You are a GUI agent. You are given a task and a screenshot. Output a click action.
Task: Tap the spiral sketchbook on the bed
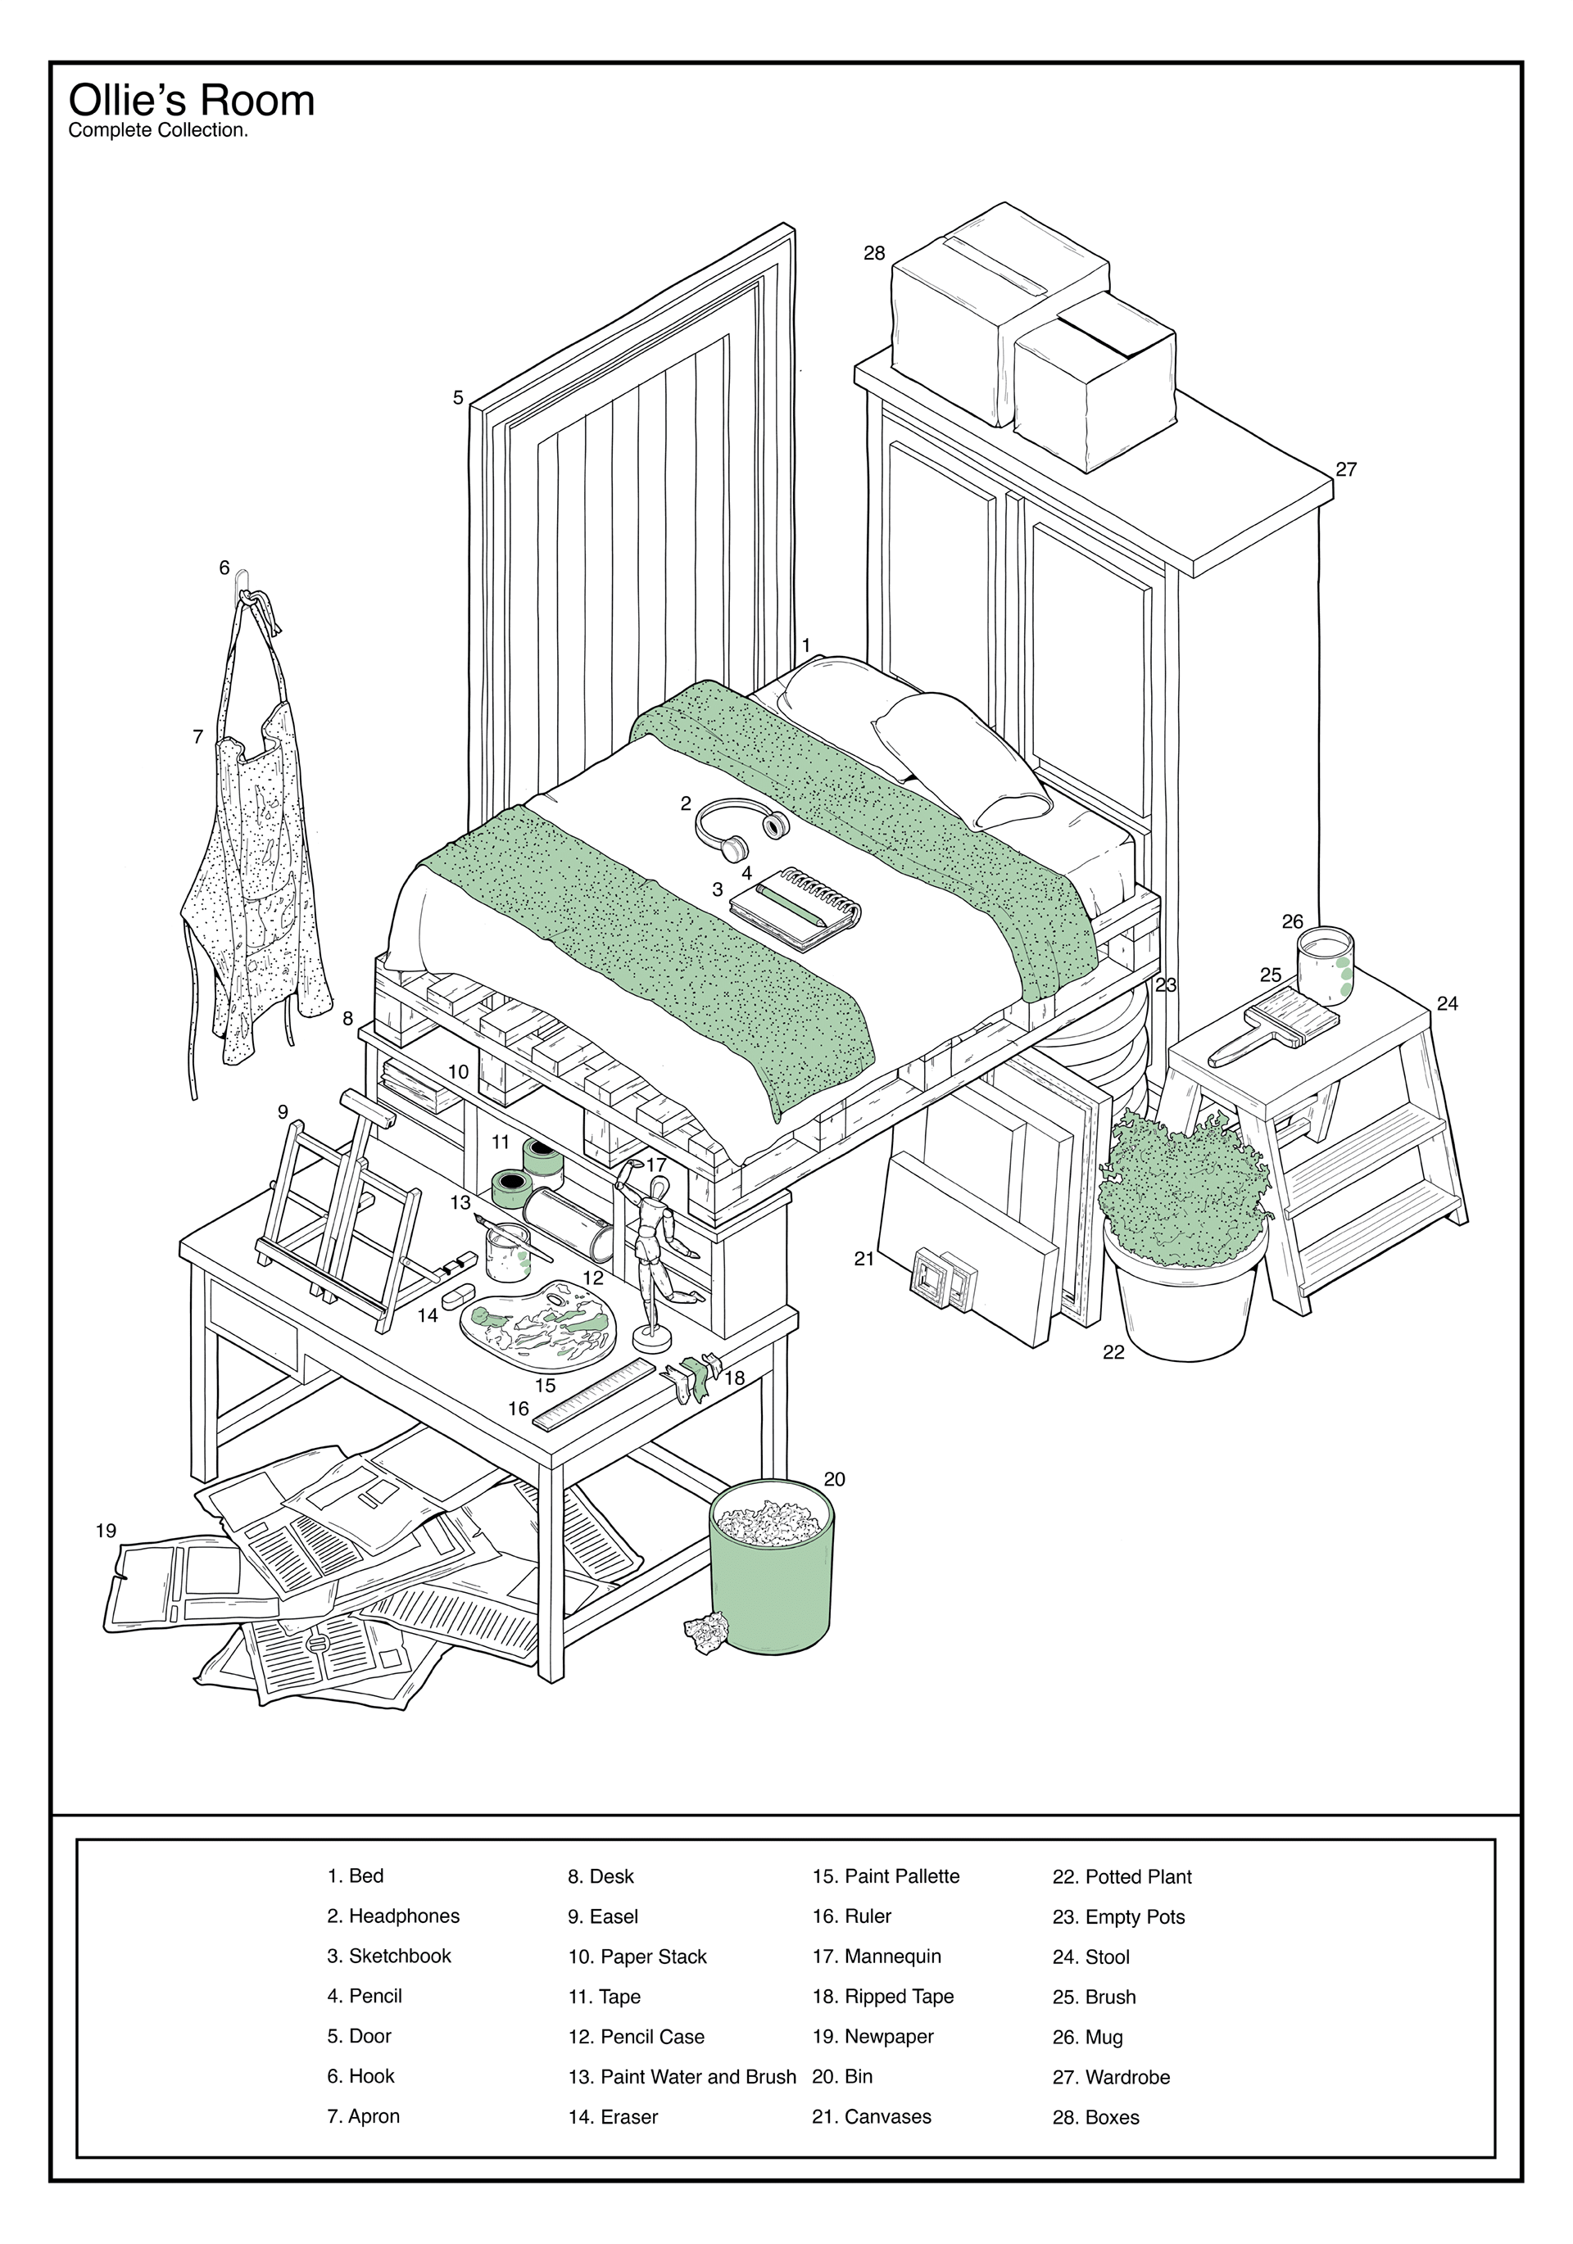click(795, 908)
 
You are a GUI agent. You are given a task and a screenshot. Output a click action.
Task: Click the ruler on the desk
click(593, 1394)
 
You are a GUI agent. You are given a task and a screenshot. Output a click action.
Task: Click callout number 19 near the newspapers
click(107, 1531)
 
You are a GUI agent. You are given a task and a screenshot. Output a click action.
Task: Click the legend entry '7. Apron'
click(364, 2116)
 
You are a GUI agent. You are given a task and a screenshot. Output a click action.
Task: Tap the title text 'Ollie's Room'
click(192, 101)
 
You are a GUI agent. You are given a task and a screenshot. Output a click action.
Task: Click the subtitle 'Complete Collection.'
click(157, 131)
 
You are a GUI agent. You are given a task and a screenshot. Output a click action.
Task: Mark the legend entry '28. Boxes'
click(1096, 2117)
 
